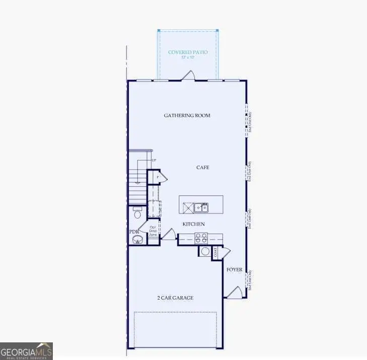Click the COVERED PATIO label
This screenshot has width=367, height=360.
click(187, 52)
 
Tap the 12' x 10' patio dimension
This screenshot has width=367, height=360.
click(187, 57)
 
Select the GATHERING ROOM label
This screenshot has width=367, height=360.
click(187, 115)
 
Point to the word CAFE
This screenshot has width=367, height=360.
click(203, 167)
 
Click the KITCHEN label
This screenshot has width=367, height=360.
click(194, 224)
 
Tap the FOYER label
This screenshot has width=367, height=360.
click(234, 269)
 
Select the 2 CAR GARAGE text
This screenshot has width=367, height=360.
click(175, 298)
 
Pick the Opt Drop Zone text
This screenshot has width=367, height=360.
click(153, 232)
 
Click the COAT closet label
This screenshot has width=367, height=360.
click(215, 252)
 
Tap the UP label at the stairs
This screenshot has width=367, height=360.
click(154, 160)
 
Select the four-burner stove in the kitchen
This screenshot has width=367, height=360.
click(201, 238)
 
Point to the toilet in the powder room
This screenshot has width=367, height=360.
click(137, 214)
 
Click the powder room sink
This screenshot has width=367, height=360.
click(137, 240)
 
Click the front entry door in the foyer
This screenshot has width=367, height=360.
click(233, 292)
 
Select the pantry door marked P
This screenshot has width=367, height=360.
click(161, 177)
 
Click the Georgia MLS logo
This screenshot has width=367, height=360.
click(26, 351)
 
